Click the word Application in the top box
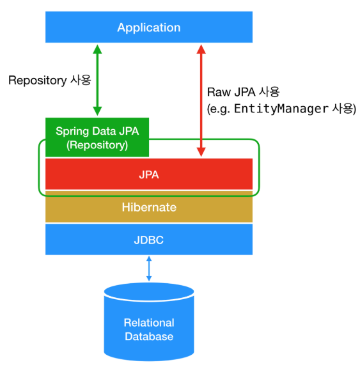(x=149, y=28)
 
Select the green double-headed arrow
(x=97, y=80)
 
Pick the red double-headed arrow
(x=201, y=100)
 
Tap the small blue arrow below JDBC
(x=149, y=268)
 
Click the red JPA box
(x=149, y=174)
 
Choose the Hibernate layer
(x=149, y=206)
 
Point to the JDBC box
(x=149, y=239)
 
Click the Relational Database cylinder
(x=149, y=322)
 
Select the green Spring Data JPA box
(x=97, y=137)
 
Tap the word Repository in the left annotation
(x=38, y=81)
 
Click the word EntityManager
(x=281, y=109)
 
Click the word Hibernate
(x=149, y=207)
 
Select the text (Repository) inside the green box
(x=97, y=145)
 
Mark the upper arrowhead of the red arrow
(x=201, y=49)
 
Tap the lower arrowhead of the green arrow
(x=97, y=111)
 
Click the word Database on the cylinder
(x=149, y=336)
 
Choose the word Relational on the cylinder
(x=149, y=323)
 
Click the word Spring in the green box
(x=72, y=132)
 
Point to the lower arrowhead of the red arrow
(x=201, y=152)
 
